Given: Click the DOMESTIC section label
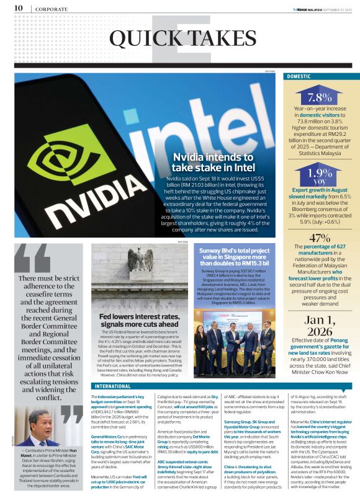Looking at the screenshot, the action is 300,76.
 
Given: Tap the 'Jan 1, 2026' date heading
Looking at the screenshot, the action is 320,325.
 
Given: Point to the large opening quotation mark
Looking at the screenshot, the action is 35,258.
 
